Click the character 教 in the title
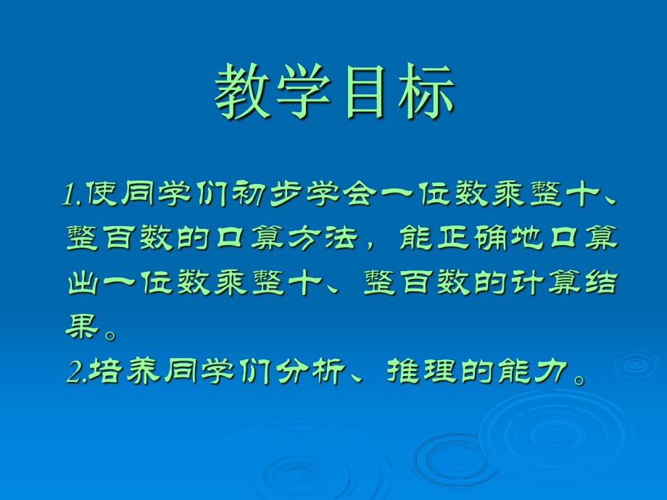click(x=244, y=92)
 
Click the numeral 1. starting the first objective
click(x=74, y=195)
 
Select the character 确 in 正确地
click(x=519, y=238)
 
